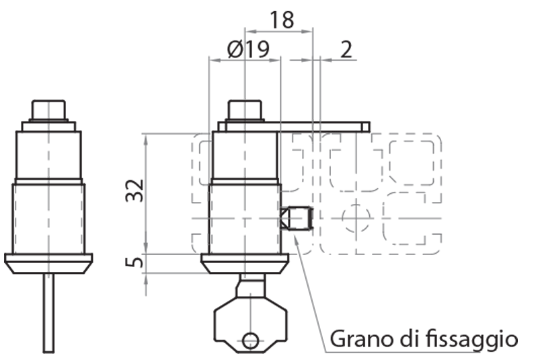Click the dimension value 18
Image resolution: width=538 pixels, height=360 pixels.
click(282, 20)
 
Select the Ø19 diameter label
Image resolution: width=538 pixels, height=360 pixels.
click(248, 49)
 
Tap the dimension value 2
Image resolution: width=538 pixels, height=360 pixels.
click(347, 49)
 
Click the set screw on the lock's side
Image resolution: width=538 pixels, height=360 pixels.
click(296, 219)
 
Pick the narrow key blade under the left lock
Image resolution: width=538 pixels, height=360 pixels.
click(48, 313)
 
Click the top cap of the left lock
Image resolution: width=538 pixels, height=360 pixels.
click(48, 110)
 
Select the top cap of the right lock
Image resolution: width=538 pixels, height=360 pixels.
click(245, 110)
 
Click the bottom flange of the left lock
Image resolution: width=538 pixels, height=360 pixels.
click(48, 262)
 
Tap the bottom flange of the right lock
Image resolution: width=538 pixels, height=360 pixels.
click(245, 262)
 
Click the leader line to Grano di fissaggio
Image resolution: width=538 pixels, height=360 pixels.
click(311, 289)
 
